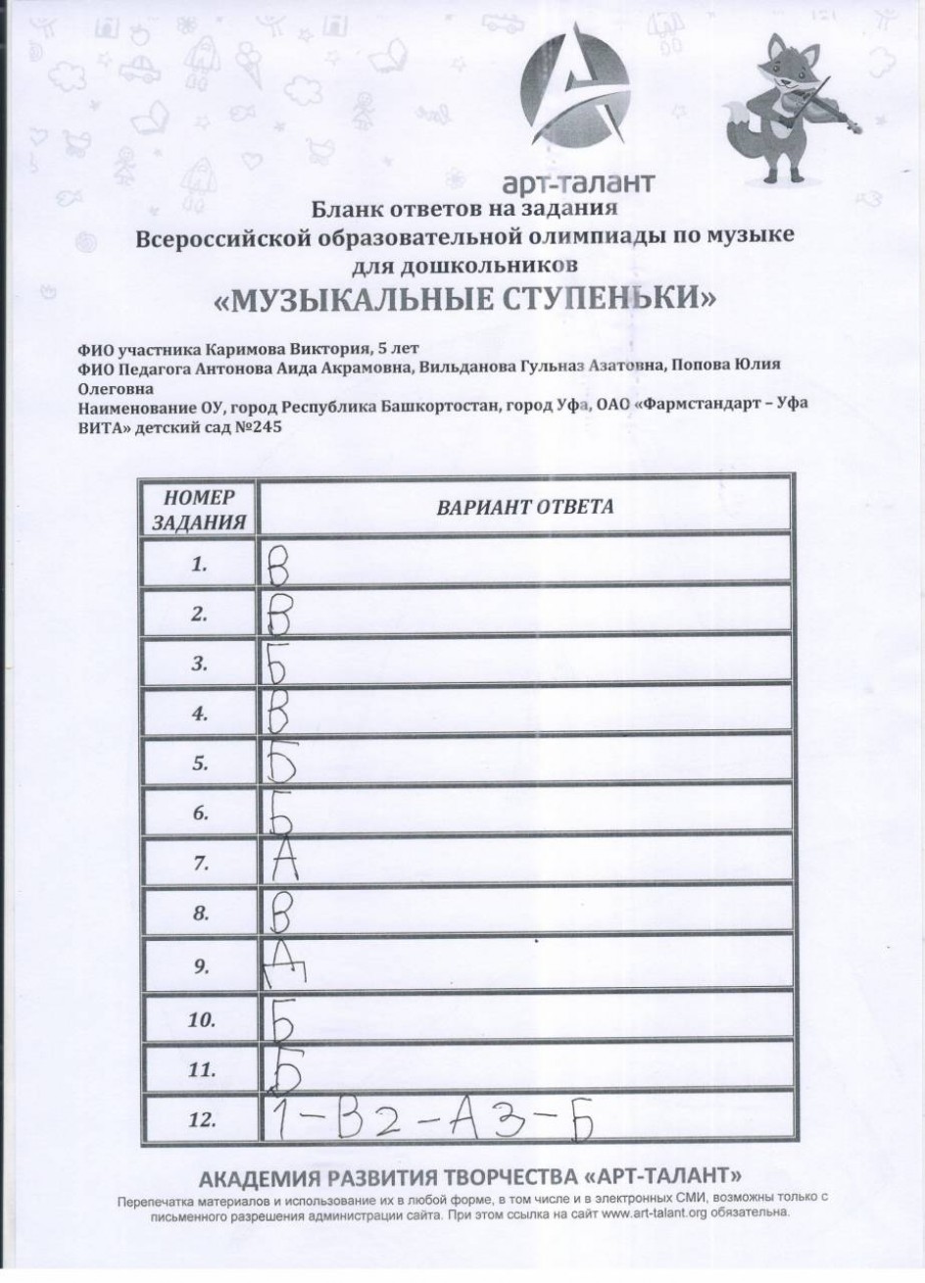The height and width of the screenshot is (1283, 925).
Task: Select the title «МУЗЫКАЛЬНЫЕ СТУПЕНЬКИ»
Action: (x=462, y=297)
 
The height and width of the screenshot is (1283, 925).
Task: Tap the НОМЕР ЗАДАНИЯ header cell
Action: (x=198, y=509)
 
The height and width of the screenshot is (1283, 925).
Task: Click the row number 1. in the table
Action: (x=200, y=566)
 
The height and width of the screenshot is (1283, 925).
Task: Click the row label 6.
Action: (x=200, y=814)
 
